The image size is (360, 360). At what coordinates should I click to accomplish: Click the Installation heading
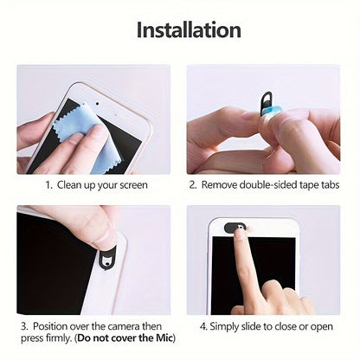click(x=189, y=29)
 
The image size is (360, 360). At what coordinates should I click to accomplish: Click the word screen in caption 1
click(x=130, y=184)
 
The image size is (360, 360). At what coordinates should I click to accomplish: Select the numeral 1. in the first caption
click(x=49, y=184)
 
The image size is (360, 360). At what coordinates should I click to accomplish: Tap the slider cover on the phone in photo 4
click(x=235, y=228)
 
